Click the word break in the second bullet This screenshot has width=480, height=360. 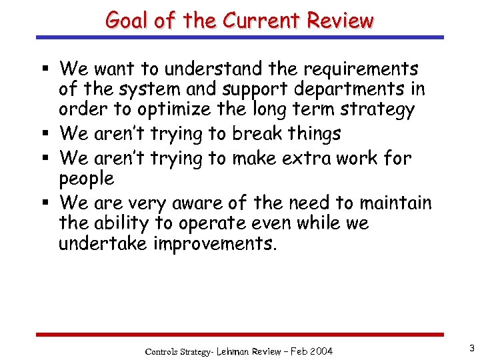(256, 133)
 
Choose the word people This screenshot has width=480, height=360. (87, 179)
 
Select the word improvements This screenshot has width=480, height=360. (215, 243)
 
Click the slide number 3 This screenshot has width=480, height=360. (471, 347)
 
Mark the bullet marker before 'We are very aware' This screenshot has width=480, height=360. (44, 203)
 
